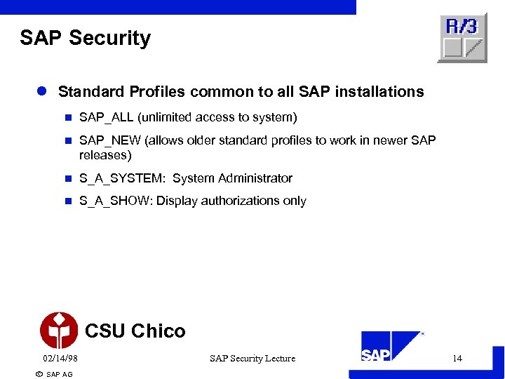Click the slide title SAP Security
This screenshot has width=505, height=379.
(x=85, y=38)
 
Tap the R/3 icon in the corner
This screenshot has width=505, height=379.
(x=462, y=38)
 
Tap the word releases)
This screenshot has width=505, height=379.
(x=105, y=154)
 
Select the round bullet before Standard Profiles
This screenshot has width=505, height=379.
(x=41, y=92)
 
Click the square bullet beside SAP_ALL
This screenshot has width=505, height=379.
(x=68, y=117)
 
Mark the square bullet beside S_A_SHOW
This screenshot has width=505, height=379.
(x=68, y=201)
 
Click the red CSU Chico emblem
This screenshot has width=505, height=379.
(x=59, y=331)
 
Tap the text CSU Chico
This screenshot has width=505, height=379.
(x=135, y=331)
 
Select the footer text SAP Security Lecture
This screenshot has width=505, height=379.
(x=252, y=359)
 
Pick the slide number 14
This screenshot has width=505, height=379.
(x=457, y=359)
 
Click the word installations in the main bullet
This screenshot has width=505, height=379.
(x=382, y=92)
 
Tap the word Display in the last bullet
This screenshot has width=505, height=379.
(x=177, y=201)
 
